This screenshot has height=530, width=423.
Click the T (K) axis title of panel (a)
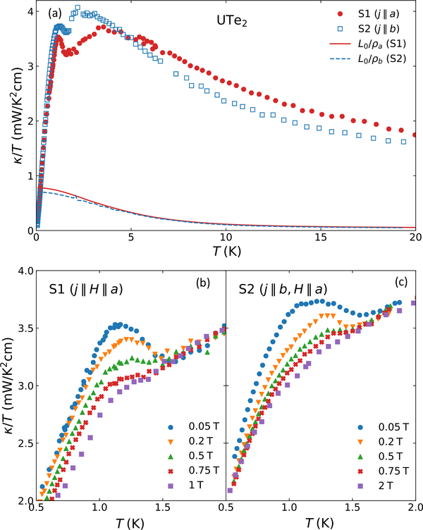click(x=225, y=252)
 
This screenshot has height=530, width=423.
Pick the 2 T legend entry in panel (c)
click(x=381, y=486)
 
